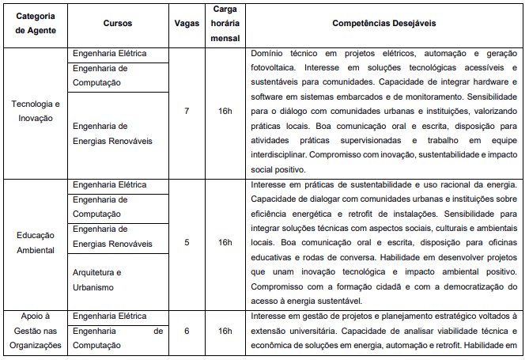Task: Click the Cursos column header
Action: point(119,24)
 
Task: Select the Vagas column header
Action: point(187,24)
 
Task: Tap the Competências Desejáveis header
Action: point(383,24)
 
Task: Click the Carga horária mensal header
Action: point(225,24)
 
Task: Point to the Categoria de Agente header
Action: point(36,24)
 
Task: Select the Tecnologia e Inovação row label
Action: point(36,111)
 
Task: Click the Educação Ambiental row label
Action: point(36,242)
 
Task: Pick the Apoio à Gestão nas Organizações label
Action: point(36,330)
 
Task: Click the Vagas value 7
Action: point(187,111)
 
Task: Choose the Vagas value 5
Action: point(187,242)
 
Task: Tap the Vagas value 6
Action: point(187,330)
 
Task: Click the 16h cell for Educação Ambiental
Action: point(225,242)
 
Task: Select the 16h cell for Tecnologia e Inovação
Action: point(225,111)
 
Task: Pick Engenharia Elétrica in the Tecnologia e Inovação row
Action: point(109,54)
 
